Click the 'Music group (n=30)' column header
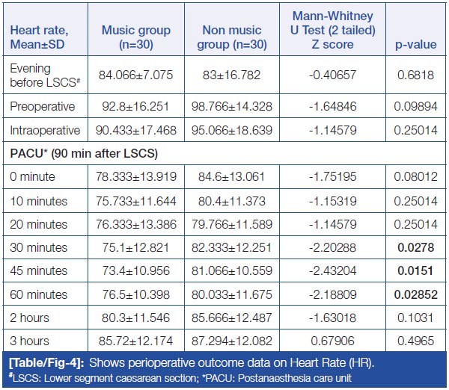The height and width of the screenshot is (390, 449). coord(136,37)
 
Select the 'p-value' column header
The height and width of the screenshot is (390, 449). coord(416,45)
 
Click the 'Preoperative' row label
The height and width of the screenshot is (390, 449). coord(42,107)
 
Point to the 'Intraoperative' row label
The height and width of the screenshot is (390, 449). coord(45,130)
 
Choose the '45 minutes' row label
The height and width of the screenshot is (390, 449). coord(39,270)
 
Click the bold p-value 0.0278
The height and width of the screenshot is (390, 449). coord(416,247)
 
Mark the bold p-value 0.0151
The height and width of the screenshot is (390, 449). coord(416,270)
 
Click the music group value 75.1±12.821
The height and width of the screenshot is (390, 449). coord(136,247)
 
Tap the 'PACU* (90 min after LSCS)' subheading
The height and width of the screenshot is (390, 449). coord(83,153)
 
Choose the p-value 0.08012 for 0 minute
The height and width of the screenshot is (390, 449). coord(416,177)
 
